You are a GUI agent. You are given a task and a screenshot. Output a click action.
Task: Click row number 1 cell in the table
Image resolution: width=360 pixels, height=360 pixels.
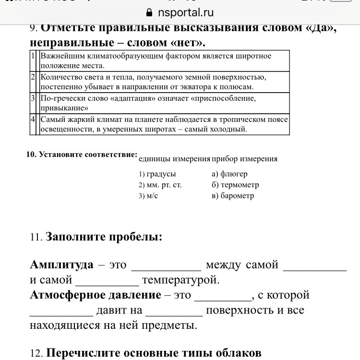(34, 56)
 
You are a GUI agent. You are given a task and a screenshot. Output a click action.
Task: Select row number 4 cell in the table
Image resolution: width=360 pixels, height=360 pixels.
(34, 120)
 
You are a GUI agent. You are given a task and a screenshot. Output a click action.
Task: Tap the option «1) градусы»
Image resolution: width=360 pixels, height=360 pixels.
(157, 174)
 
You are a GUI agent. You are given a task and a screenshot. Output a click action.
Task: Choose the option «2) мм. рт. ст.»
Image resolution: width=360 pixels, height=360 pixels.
(160, 185)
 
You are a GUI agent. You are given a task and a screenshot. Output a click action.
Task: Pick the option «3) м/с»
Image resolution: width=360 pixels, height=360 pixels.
(148, 196)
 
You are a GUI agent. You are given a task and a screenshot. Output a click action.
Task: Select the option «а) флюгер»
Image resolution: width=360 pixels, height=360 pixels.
(229, 174)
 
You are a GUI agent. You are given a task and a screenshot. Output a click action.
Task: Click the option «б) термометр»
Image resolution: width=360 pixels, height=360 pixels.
(235, 185)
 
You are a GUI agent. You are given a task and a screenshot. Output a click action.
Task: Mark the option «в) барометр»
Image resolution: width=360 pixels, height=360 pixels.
(232, 196)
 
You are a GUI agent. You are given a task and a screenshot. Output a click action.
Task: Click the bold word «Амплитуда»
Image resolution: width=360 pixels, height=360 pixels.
(61, 265)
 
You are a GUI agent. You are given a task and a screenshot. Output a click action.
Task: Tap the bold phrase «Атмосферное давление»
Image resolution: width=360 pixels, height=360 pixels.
(96, 295)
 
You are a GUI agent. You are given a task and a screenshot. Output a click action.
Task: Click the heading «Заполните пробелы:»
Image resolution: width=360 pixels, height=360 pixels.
(103, 237)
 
